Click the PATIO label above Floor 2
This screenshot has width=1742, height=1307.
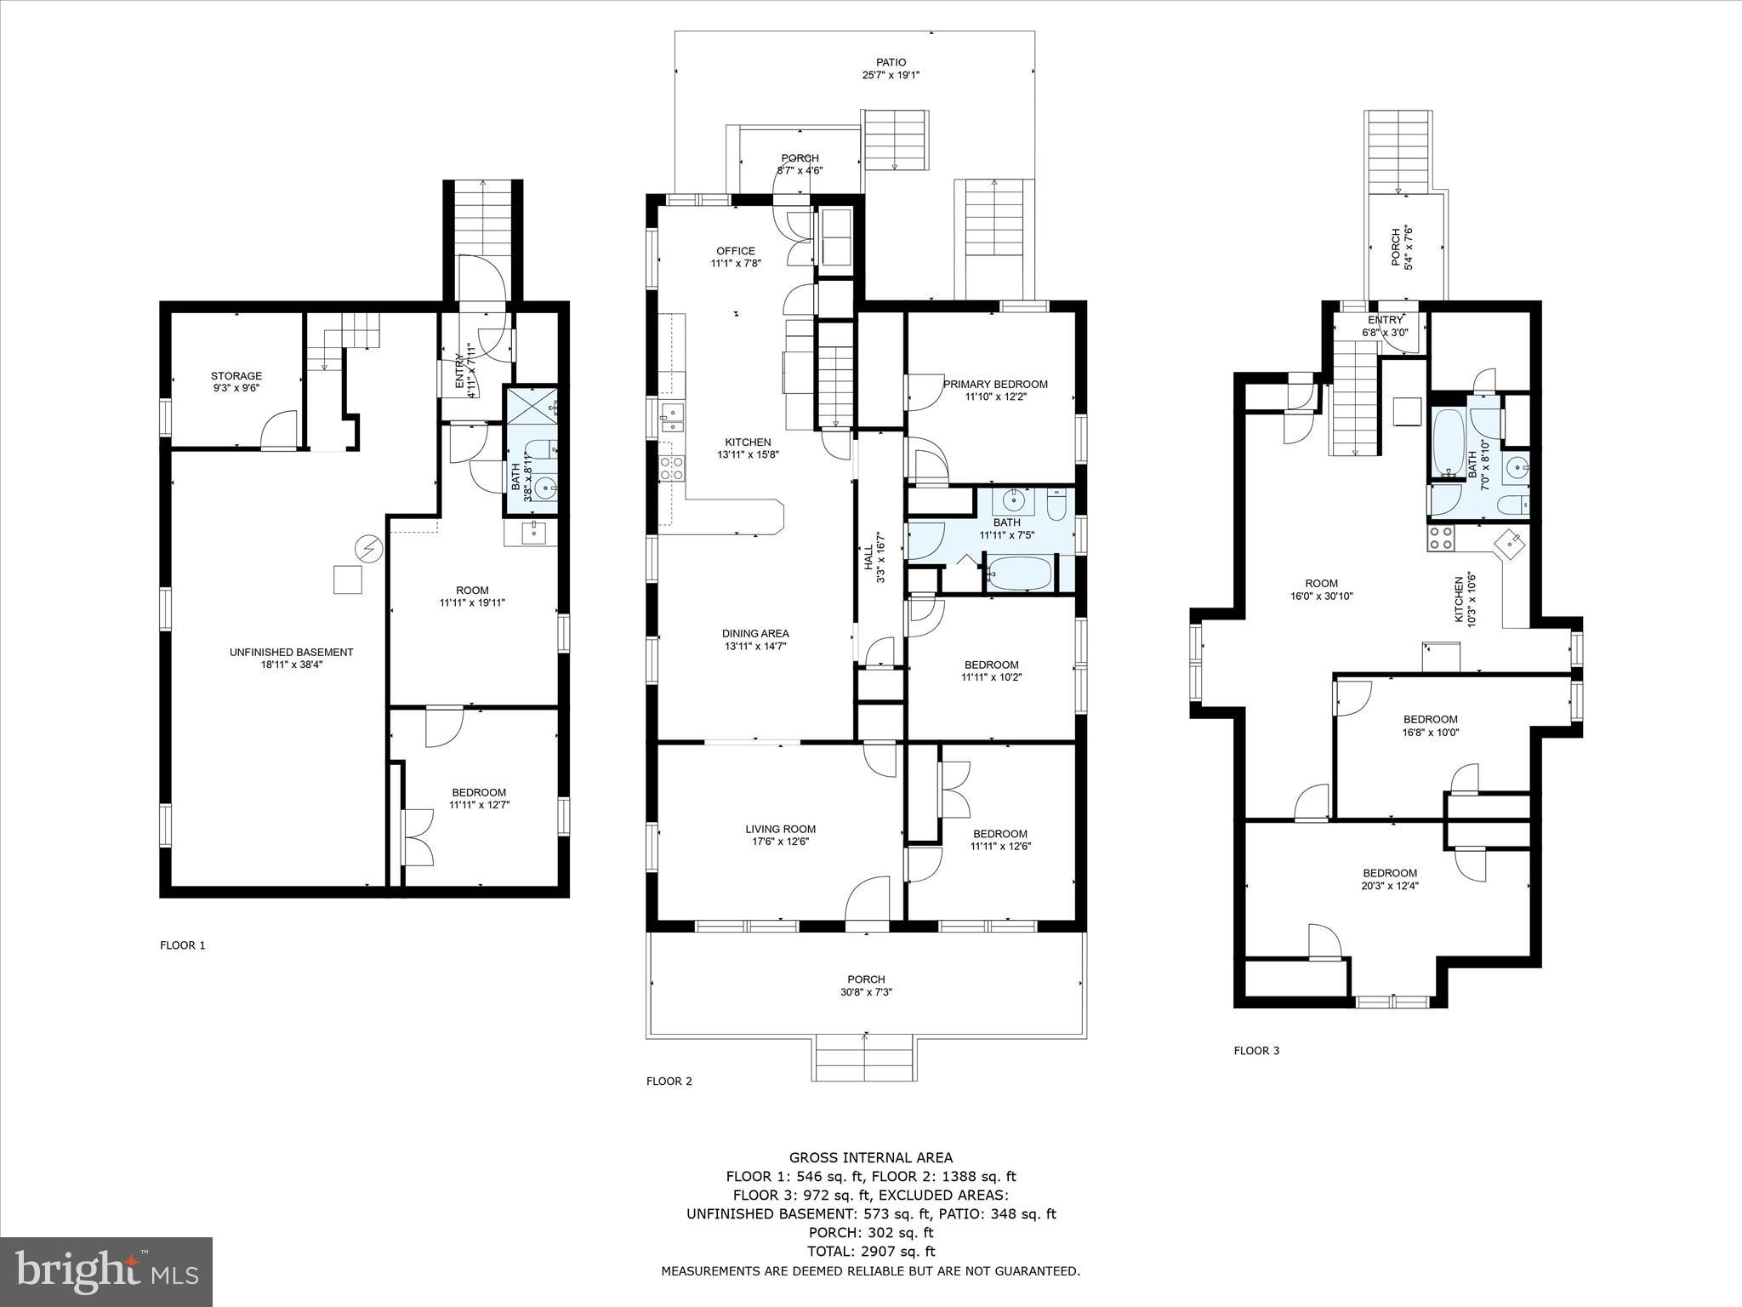(891, 62)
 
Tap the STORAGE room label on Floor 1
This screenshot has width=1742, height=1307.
(236, 375)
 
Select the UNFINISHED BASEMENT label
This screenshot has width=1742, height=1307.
(291, 652)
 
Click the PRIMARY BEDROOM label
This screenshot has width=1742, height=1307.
(995, 384)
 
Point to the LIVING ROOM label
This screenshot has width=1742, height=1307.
(780, 829)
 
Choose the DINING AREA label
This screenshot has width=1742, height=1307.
(755, 633)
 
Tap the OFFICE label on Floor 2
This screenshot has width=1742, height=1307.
(735, 251)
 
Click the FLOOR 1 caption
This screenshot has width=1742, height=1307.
(183, 945)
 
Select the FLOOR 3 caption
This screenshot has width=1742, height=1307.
(1256, 1051)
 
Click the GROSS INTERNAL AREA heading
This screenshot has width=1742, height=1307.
(871, 1157)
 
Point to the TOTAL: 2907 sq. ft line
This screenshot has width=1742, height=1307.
(871, 1252)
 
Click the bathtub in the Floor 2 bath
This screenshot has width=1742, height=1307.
(1020, 573)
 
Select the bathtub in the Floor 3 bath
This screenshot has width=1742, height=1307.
(1445, 442)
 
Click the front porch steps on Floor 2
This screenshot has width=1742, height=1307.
(865, 1059)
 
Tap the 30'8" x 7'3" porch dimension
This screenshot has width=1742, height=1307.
(866, 992)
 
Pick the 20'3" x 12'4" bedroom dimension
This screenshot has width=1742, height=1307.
(1390, 885)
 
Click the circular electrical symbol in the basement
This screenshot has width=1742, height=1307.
(368, 549)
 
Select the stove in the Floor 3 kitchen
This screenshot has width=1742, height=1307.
(1441, 537)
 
